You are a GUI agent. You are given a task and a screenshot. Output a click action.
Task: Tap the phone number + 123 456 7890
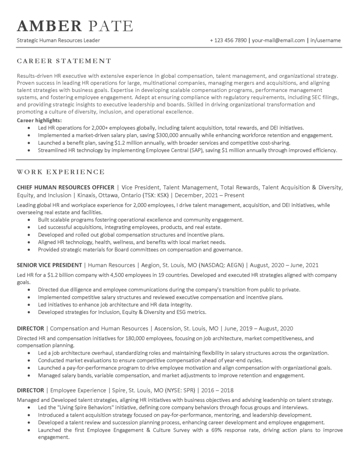tap(228, 41)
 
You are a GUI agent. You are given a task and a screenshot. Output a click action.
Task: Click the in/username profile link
tap(325, 41)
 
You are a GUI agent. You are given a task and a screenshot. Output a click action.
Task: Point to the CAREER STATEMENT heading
tap(64, 61)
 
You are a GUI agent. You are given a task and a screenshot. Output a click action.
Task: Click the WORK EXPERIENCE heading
tap(61, 172)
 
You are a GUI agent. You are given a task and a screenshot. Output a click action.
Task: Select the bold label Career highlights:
tap(39, 120)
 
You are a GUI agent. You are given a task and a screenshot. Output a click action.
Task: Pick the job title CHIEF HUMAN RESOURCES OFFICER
tap(65, 187)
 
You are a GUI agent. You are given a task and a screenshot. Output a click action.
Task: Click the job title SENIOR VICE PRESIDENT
tap(49, 265)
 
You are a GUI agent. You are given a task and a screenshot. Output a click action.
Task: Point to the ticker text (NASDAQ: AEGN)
tap(223, 265)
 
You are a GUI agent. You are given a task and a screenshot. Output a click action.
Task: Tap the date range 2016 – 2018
tap(220, 390)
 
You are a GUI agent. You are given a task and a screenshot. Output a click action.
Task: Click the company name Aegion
tap(151, 265)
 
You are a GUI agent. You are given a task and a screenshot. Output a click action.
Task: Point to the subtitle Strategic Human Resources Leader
tap(58, 41)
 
